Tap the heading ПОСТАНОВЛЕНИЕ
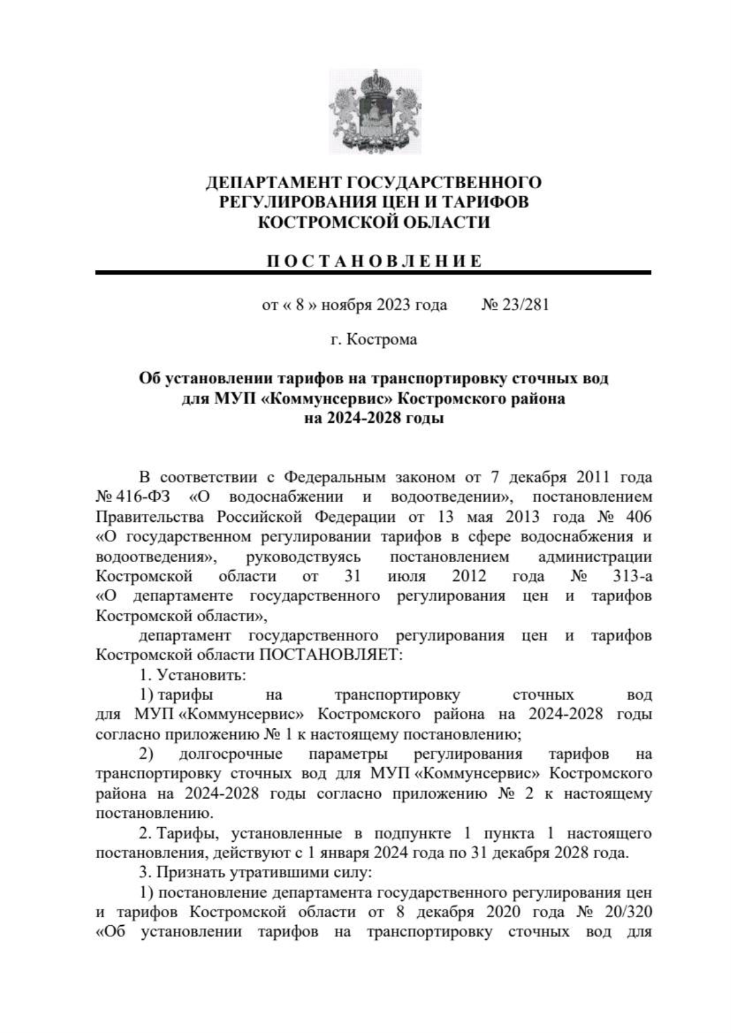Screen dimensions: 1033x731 coord(374,262)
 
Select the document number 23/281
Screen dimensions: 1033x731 coord(524,305)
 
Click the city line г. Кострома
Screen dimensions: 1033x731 coord(373,339)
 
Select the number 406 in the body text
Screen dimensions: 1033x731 coord(638,516)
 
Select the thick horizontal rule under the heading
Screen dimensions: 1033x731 coord(373,273)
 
